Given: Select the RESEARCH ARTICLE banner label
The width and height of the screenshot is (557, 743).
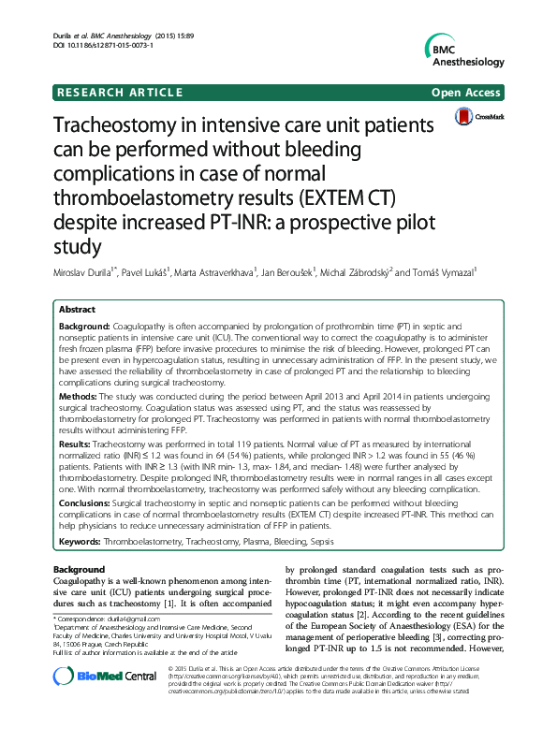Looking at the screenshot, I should (x=120, y=93).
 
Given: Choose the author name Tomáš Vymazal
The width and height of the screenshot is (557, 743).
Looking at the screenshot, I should (x=442, y=272).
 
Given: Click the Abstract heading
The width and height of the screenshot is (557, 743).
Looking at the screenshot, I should (x=77, y=309).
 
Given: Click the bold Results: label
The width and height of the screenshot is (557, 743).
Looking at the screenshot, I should (x=76, y=442).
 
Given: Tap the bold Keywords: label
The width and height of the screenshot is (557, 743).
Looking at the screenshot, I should (x=81, y=544).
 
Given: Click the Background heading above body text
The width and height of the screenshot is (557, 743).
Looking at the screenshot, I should (x=80, y=569).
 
